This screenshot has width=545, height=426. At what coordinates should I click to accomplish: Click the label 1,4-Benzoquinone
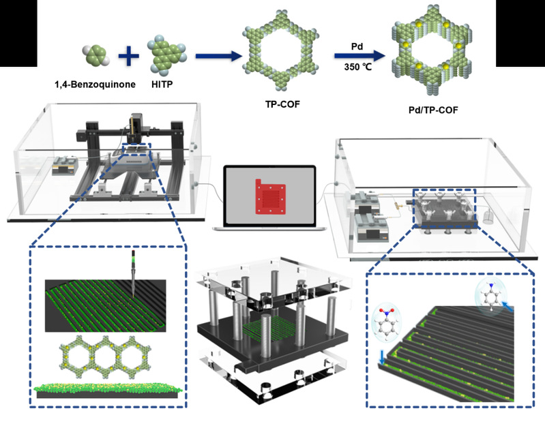pyautogui.click(x=95, y=85)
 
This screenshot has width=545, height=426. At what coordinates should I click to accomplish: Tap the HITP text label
pyautogui.click(x=162, y=85)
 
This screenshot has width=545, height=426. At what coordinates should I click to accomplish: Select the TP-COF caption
pyautogui.click(x=282, y=104)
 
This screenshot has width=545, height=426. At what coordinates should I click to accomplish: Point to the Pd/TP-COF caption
pyautogui.click(x=433, y=110)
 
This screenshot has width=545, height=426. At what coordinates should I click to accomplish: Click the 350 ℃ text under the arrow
pyautogui.click(x=358, y=67)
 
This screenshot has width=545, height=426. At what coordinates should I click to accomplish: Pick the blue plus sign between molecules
pyautogui.click(x=129, y=55)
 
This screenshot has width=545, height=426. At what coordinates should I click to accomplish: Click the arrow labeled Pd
pyautogui.click(x=359, y=55)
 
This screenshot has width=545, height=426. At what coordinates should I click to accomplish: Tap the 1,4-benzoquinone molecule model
pyautogui.click(x=96, y=55)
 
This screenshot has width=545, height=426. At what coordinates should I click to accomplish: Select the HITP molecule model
pyautogui.click(x=167, y=55)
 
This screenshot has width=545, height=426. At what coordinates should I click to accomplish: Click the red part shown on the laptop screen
pyautogui.click(x=271, y=197)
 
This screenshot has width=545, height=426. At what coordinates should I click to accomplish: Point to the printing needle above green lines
pyautogui.click(x=133, y=274)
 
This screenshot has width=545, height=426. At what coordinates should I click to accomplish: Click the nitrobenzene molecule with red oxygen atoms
pyautogui.click(x=386, y=322)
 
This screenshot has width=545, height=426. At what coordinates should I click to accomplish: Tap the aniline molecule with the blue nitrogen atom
pyautogui.click(x=490, y=297)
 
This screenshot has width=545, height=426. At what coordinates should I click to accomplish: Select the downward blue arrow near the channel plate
pyautogui.click(x=382, y=358)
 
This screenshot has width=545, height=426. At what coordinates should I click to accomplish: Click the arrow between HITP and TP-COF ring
pyautogui.click(x=218, y=55)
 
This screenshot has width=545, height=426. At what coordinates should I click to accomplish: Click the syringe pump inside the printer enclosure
pyautogui.click(x=63, y=166)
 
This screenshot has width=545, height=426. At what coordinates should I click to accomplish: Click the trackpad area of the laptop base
pyautogui.click(x=269, y=228)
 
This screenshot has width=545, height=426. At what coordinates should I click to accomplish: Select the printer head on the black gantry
pyautogui.click(x=136, y=127)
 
